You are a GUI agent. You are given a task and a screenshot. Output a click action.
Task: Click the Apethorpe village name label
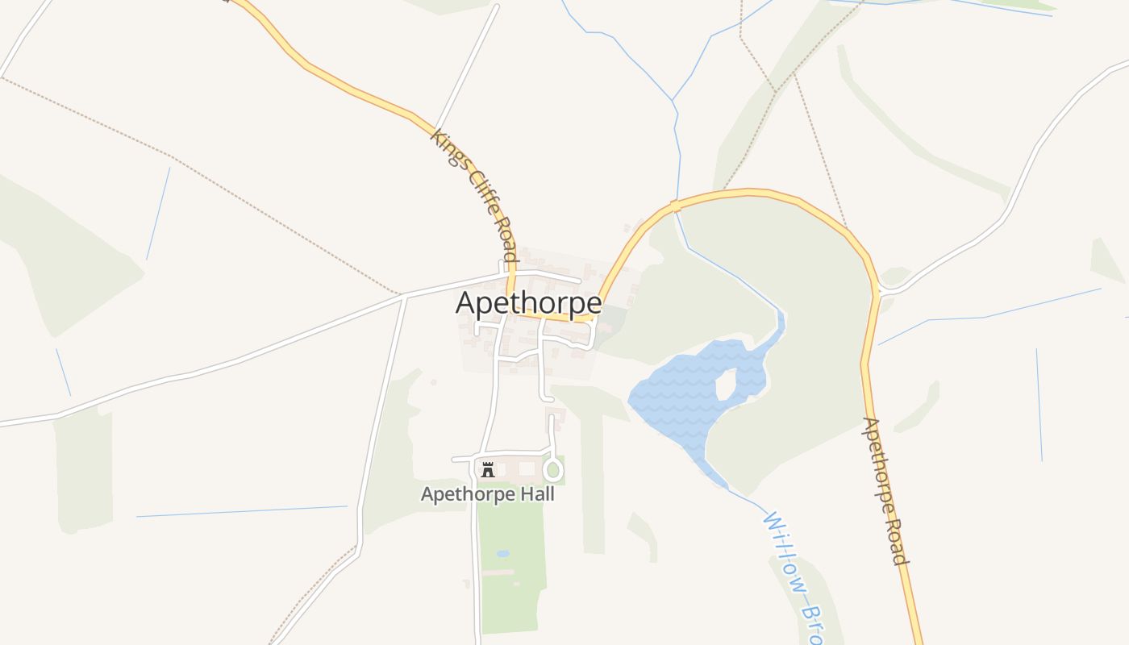[528, 303]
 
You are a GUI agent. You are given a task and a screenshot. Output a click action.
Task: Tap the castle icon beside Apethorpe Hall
[487, 469]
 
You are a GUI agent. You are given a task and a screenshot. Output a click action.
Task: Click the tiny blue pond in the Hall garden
[503, 554]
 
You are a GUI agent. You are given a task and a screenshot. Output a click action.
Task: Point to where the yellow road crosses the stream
[676, 206]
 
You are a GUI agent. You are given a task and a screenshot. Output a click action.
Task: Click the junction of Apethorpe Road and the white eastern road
[880, 289]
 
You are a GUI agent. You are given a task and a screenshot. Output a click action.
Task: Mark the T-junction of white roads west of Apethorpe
[404, 296]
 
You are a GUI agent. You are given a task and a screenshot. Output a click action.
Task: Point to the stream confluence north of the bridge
[673, 100]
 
